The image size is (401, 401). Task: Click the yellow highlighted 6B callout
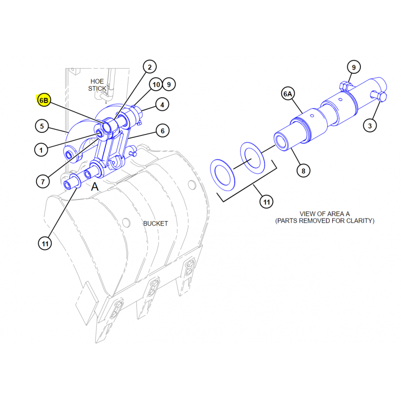(44, 100)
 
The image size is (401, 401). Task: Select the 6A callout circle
(288, 94)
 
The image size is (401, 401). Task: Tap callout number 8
(303, 170)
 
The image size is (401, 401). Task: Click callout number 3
(370, 126)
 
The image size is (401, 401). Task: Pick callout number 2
(149, 67)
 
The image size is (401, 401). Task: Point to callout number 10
(156, 84)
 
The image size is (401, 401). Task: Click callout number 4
(162, 105)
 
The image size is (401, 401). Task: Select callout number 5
(42, 126)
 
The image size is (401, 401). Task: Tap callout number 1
(41, 150)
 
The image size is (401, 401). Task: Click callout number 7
(43, 181)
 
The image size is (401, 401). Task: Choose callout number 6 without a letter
(162, 131)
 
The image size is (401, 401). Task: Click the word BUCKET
(155, 224)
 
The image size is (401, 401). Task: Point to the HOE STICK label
(97, 85)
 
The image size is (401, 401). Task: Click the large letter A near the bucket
(95, 186)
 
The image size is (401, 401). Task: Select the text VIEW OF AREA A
(324, 214)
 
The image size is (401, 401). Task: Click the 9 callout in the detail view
(354, 67)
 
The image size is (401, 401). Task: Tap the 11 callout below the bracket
(267, 202)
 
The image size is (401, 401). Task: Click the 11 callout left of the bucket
(45, 244)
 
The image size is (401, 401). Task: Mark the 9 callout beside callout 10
(169, 84)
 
